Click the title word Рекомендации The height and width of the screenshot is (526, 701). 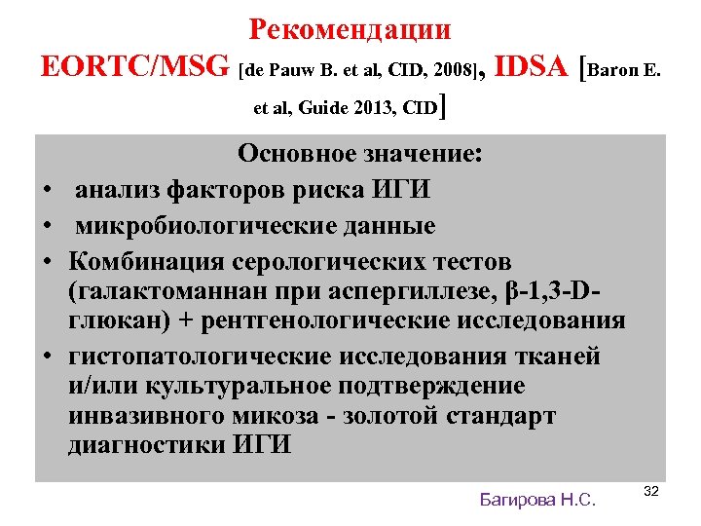pyautogui.click(x=350, y=28)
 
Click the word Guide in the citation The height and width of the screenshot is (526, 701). pyautogui.click(x=323, y=109)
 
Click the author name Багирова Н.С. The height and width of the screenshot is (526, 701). pyautogui.click(x=537, y=500)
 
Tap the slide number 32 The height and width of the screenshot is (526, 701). pyautogui.click(x=651, y=491)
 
